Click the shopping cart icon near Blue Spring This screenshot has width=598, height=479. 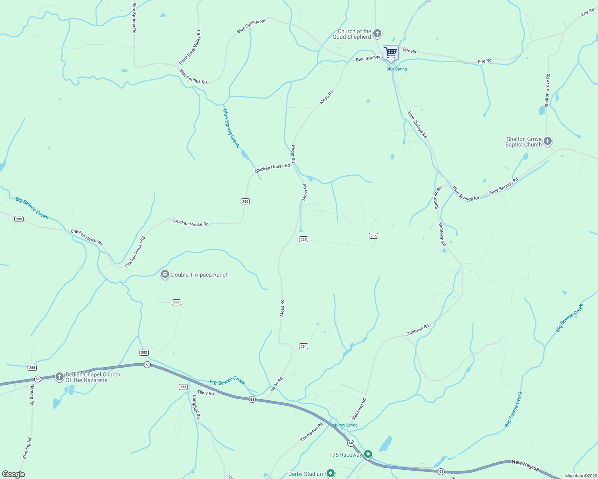click(391, 52)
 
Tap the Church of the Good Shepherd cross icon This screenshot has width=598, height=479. click(377, 34)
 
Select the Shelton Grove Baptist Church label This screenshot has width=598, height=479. click(523, 142)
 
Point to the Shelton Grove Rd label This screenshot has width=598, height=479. click(547, 90)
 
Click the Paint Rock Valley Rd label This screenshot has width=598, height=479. click(190, 48)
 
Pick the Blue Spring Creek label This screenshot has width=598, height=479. click(231, 128)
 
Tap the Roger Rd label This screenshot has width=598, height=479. click(293, 154)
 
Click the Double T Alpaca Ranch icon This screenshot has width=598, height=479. click(165, 275)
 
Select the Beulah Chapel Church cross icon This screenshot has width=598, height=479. click(59, 376)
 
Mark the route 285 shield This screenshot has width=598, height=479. click(32, 368)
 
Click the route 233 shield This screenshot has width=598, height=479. click(183, 387)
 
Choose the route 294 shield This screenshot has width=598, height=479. click(303, 346)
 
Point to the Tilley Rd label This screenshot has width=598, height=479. click(205, 393)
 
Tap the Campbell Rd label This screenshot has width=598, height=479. click(196, 407)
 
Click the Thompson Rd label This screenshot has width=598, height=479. click(311, 432)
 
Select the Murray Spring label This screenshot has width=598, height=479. click(345, 425)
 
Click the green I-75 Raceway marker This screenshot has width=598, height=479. click(368, 454)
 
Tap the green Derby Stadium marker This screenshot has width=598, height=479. click(330, 473)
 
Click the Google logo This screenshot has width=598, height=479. click(13, 474)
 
